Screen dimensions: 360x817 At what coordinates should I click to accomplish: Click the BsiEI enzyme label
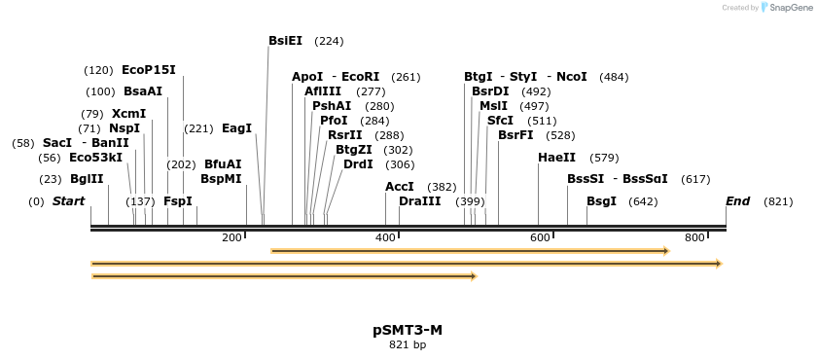pyautogui.click(x=285, y=41)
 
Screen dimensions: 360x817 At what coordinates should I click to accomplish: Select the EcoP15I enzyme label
pyautogui.click(x=149, y=70)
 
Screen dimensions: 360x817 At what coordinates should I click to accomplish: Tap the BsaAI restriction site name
pyautogui.click(x=143, y=91)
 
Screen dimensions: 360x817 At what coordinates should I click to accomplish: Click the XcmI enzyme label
pyautogui.click(x=128, y=114)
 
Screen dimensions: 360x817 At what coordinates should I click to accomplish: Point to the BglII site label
pyautogui.click(x=87, y=179)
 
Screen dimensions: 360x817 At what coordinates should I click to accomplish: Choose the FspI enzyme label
pyautogui.click(x=178, y=201)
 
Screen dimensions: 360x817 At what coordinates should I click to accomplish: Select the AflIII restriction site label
pyautogui.click(x=323, y=91)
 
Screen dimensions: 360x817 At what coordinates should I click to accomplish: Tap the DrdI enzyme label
pyautogui.click(x=358, y=164)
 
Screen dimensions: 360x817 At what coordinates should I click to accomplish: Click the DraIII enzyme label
pyautogui.click(x=419, y=201)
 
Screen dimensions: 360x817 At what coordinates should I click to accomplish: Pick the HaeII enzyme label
pyautogui.click(x=556, y=158)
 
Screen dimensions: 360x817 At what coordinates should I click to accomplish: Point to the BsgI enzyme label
pyautogui.click(x=601, y=201)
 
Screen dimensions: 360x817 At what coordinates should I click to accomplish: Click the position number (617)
pyautogui.click(x=695, y=179)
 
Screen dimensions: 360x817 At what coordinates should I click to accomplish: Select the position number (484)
pyautogui.click(x=614, y=77)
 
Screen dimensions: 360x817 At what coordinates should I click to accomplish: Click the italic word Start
pyautogui.click(x=68, y=201)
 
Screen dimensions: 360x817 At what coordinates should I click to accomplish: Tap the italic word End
pyautogui.click(x=737, y=201)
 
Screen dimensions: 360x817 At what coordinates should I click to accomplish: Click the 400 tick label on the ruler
pyautogui.click(x=385, y=238)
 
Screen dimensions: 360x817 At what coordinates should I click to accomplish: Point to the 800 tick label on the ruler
pyautogui.click(x=694, y=238)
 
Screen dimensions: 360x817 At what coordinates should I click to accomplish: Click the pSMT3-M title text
pyautogui.click(x=408, y=330)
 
